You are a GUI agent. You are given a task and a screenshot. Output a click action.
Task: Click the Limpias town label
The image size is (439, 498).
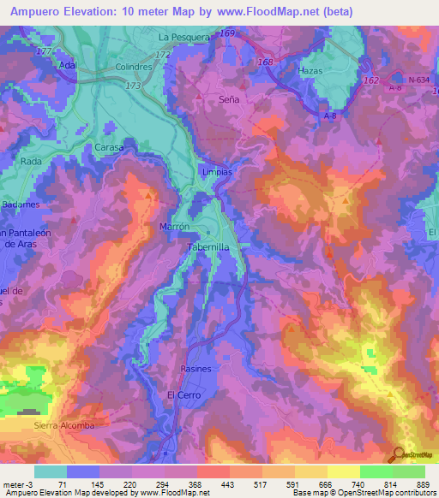tap(216, 171)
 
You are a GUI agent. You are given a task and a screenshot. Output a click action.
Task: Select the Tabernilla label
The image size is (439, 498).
tap(207, 246)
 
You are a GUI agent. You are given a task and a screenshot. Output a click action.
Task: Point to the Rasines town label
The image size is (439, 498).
tap(195, 369)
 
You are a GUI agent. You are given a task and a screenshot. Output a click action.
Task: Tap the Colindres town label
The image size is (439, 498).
tap(134, 65)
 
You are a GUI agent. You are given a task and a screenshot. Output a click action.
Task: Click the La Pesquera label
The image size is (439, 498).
tap(183, 39)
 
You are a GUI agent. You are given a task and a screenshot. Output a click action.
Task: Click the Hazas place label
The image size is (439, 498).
tap(310, 70)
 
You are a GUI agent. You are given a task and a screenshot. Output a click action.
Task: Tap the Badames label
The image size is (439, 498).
tap(20, 205)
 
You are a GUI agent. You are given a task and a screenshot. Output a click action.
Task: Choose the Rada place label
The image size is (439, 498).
tap(31, 161)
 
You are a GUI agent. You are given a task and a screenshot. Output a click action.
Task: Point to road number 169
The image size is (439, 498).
tap(226, 33)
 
